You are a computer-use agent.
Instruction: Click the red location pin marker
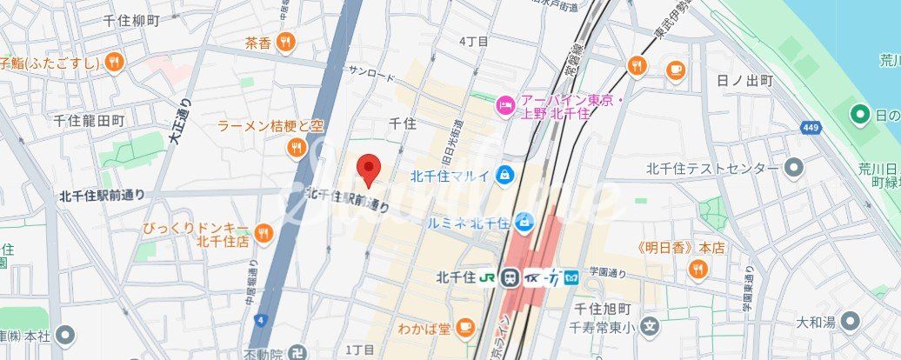click(370, 170)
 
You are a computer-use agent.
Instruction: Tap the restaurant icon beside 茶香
click(284, 42)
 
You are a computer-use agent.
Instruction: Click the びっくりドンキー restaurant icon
click(263, 233)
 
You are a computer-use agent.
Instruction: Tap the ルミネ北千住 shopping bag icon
click(524, 223)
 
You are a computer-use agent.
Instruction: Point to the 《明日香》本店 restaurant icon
click(696, 270)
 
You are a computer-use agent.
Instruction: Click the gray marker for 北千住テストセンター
click(793, 168)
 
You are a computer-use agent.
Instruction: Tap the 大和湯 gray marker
click(851, 322)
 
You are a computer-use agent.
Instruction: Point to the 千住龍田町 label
click(90, 120)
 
